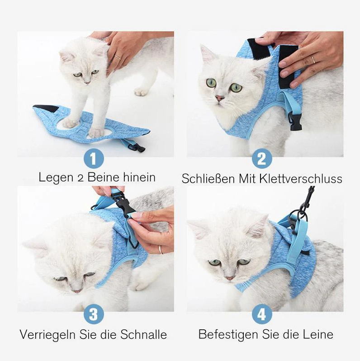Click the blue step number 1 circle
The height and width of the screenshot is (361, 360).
pos(94,158)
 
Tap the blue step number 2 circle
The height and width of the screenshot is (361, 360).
pos(262,159)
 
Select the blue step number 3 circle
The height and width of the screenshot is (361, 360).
pos(94,314)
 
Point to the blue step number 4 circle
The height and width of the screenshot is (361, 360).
pos(262,314)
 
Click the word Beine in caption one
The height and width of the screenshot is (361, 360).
pos(104,177)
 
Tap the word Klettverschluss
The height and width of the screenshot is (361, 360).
pos(301,179)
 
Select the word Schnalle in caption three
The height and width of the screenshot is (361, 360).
pos(143,335)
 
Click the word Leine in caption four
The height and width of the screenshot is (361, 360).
pos(317,334)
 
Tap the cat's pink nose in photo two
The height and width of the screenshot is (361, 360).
pos(220,98)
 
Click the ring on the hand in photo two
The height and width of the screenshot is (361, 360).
pos(313,59)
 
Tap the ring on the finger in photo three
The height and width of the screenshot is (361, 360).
pos(160,249)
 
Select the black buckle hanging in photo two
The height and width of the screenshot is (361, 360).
pos(296,122)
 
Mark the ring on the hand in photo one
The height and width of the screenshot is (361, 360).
pos(117,57)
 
